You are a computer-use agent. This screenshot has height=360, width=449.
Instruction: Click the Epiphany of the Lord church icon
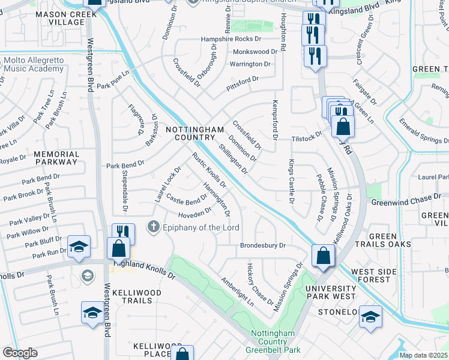click(153, 227)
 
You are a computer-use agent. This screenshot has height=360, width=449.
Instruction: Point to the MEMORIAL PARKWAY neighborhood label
click(56, 158)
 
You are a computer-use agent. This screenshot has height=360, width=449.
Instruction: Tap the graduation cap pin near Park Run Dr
click(79, 247)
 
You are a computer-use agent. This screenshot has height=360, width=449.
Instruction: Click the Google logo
click(19, 353)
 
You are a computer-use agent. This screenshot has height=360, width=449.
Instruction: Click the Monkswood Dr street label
click(255, 52)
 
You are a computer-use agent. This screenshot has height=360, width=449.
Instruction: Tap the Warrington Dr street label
click(250, 64)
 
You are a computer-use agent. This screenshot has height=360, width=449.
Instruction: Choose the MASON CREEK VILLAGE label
click(60, 18)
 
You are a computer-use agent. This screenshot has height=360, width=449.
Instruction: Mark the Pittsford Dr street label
click(242, 79)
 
